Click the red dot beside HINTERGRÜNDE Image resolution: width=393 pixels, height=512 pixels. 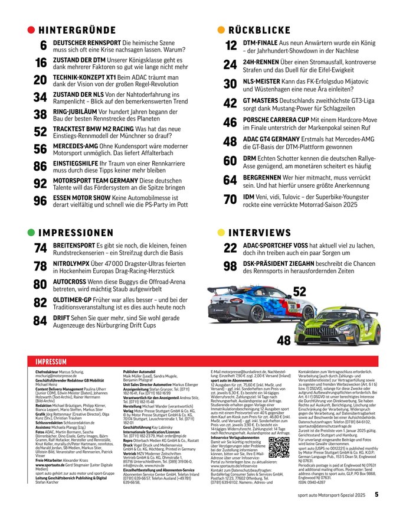click(x=31, y=30)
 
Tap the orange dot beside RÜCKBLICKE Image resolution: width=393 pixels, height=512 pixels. click(x=221, y=30)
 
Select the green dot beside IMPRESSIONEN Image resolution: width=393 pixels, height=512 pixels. click(x=31, y=233)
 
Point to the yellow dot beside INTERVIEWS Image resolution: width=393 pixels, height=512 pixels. click(x=221, y=233)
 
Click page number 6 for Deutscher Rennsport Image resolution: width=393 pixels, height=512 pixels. click(x=43, y=46)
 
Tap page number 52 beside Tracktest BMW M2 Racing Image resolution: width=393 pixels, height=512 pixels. click(x=40, y=132)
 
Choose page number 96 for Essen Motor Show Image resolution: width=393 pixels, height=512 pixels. click(x=40, y=200)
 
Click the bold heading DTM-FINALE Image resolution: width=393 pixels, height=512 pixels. click(x=261, y=43)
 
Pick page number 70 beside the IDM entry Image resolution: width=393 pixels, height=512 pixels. click(x=230, y=198)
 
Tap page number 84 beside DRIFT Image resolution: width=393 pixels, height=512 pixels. click(x=40, y=321)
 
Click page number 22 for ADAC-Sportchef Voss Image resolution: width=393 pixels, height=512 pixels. click(x=230, y=249)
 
